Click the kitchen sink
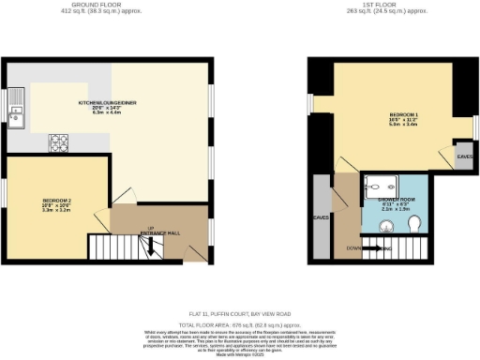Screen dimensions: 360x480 17,117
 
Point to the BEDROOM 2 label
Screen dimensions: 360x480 55,200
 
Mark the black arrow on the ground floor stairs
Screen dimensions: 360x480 148,247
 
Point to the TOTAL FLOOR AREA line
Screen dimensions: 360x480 239,322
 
